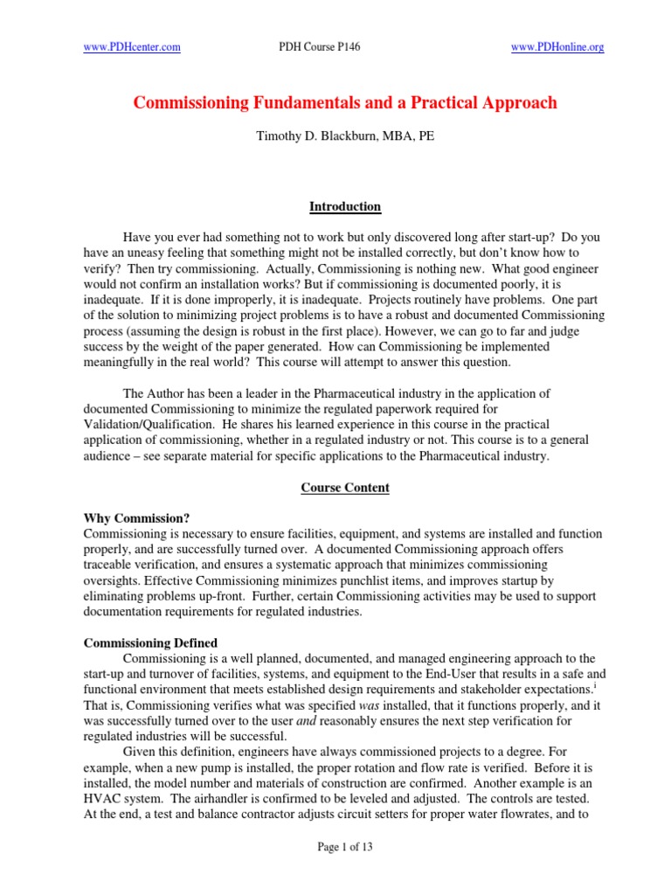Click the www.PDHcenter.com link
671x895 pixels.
(132, 48)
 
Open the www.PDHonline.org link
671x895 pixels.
(557, 48)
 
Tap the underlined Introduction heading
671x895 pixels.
(345, 207)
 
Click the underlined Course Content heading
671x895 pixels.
(345, 488)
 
